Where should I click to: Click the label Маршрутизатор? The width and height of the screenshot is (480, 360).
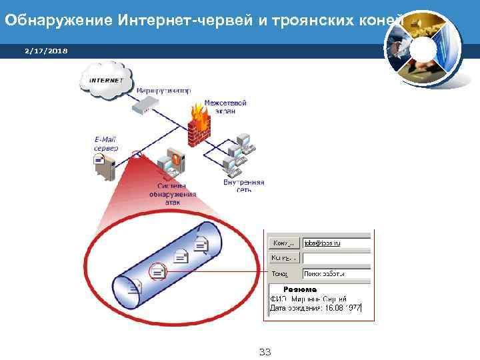click(x=163, y=90)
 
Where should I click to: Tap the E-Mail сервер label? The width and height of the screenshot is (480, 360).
click(x=105, y=144)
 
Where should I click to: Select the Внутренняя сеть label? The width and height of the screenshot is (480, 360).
click(x=244, y=185)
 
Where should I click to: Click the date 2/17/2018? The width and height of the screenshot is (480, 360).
click(x=41, y=51)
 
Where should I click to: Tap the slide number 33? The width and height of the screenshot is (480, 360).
click(x=265, y=352)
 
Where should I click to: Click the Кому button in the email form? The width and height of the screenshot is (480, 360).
click(x=284, y=243)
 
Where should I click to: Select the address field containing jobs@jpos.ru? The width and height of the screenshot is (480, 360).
click(x=336, y=243)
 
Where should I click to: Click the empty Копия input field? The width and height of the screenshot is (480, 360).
click(x=336, y=258)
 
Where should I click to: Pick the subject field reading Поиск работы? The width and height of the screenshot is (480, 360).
click(x=336, y=273)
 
